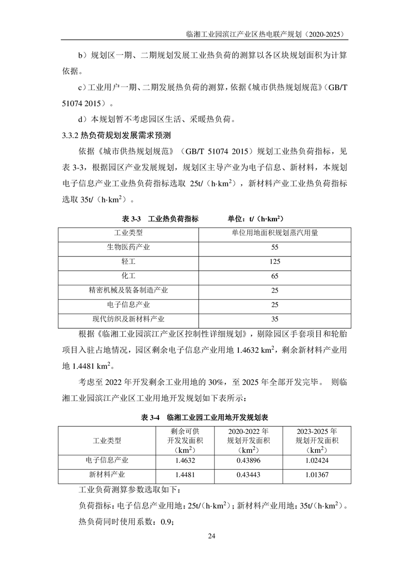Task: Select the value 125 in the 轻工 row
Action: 274,262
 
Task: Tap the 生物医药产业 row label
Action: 128,247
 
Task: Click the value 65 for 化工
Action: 274,276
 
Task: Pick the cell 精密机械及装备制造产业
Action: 128,291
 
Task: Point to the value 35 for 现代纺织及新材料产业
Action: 274,319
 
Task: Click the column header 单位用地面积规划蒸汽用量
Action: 274,233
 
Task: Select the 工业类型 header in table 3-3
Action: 128,233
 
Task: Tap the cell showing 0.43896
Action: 248,461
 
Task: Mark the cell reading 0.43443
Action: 248,475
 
